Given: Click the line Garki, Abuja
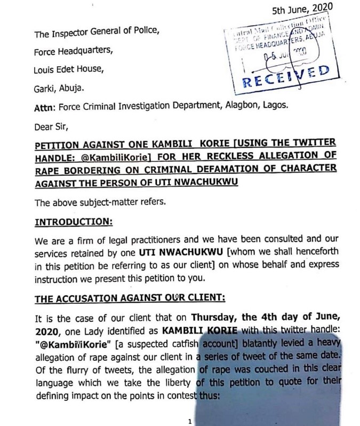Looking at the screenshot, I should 58,91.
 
